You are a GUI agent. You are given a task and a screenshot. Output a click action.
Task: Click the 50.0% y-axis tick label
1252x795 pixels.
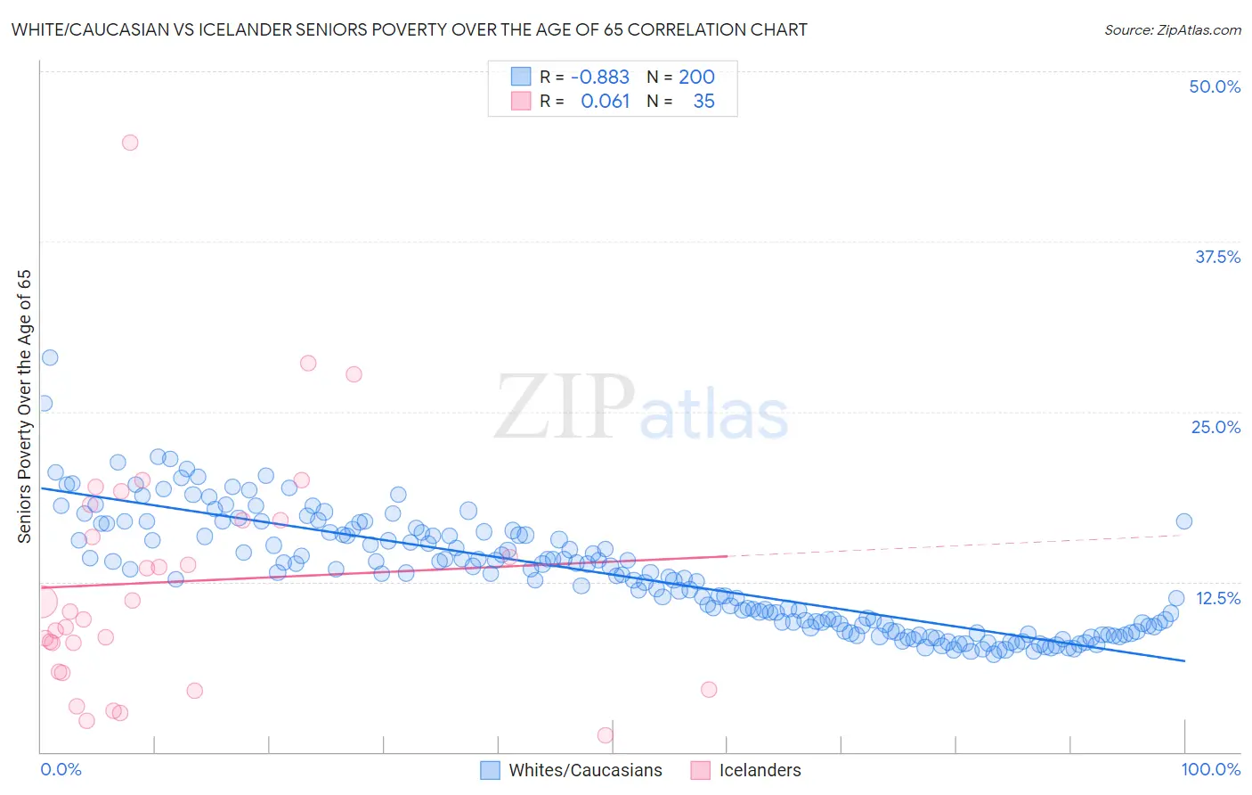[x=1214, y=86]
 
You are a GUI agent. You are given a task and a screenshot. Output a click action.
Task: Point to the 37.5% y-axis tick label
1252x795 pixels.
[x=1216, y=257]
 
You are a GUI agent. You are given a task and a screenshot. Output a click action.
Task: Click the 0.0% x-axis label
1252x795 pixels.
[x=61, y=769]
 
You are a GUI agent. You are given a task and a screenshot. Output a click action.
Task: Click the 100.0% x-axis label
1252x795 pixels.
[x=1210, y=769]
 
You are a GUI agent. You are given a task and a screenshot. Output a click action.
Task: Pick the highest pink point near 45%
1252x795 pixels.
[x=130, y=143]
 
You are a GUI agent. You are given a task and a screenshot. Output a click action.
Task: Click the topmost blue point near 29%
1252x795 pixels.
[x=50, y=357]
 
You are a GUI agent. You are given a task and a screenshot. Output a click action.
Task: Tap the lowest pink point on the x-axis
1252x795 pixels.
[x=606, y=735]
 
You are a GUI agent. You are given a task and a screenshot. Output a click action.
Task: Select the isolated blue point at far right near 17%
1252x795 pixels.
[x=1183, y=521]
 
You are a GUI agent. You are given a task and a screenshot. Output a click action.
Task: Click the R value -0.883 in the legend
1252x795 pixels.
[x=599, y=77]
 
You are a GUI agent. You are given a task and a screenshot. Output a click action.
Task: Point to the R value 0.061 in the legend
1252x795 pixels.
[x=605, y=101]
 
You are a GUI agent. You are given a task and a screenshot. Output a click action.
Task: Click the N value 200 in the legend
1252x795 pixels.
[x=696, y=77]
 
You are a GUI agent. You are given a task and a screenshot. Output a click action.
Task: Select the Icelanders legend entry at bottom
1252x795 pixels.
[x=760, y=770]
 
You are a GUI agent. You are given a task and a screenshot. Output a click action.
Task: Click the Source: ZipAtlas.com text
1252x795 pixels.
[x=1172, y=29]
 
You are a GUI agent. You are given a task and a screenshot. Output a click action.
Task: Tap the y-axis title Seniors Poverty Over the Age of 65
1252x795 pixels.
[x=24, y=406]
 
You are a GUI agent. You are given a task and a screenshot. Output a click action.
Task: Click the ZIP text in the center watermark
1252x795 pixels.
[x=564, y=408]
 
